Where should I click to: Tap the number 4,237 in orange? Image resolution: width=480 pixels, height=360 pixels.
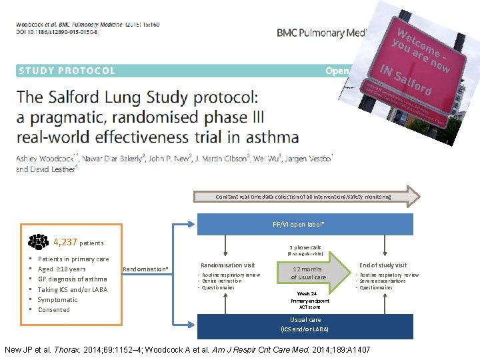pos(65,243)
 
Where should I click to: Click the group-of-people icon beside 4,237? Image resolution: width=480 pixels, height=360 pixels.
pos(39,243)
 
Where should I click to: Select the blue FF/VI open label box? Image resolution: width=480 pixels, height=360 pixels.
pos(305,224)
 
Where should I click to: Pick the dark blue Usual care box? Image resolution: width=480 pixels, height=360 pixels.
pos(305,324)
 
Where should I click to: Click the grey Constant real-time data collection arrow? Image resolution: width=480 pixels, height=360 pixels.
pos(307,197)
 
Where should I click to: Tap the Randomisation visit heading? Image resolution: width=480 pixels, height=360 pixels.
pos(227,265)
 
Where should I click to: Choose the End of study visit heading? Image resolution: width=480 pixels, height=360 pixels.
pos(383,265)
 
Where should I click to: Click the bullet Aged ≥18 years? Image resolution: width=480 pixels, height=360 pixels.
pos(61,269)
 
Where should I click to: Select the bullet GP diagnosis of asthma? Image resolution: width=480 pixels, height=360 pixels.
pos(72,279)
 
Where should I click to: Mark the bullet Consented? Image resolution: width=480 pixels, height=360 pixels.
pos(53,310)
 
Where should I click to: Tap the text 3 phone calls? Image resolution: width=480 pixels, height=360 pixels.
pos(305,247)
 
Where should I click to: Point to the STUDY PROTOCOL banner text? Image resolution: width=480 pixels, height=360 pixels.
pos(67,71)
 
